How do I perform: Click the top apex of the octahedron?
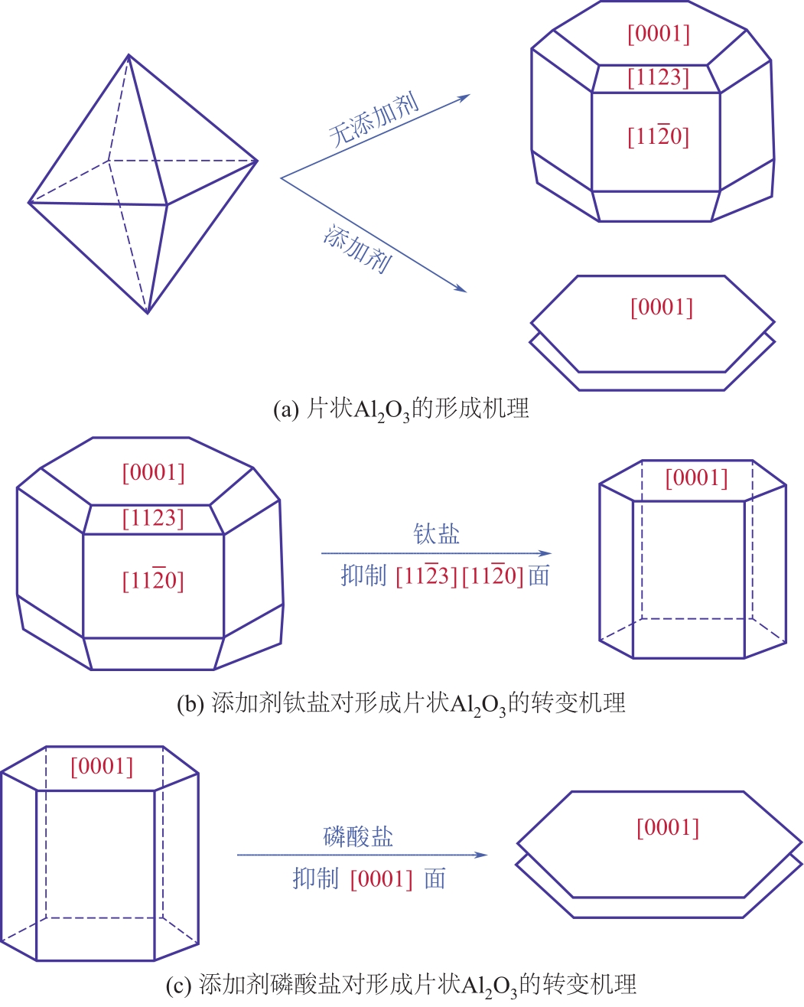coord(129,55)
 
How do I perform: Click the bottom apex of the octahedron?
coord(148,313)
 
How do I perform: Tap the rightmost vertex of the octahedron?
coord(257,161)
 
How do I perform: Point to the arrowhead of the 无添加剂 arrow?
coord(464,97)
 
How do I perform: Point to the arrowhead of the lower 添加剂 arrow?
coord(461,288)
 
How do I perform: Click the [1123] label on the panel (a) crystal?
coord(659,78)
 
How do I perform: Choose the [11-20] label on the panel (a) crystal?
coord(659,136)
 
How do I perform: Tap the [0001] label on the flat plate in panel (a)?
coord(662,308)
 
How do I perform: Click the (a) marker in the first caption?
coord(286,409)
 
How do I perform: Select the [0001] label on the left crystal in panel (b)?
coord(154,473)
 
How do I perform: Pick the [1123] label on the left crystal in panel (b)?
coord(153,519)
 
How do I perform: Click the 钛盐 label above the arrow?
coord(436,534)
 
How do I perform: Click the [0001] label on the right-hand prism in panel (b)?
coord(697,478)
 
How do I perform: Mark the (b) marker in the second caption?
coord(190,703)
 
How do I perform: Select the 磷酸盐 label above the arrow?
coord(358,837)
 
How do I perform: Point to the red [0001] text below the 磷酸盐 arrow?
coord(382,878)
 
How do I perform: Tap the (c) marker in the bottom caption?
coord(179,985)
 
